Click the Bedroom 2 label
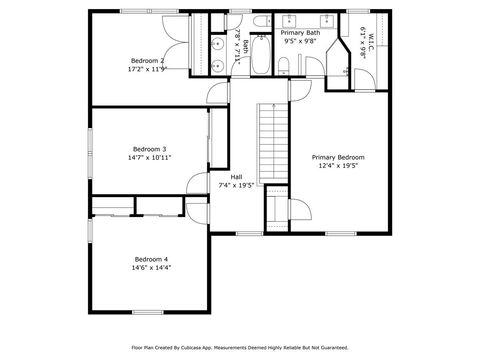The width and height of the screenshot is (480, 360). click(146, 60)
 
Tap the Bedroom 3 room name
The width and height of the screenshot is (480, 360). click(149, 149)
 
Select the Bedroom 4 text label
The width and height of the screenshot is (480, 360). click(151, 259)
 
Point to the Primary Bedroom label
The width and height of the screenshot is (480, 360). click(337, 157)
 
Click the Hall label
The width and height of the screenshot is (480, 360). click(236, 176)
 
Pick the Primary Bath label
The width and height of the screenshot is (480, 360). click(300, 33)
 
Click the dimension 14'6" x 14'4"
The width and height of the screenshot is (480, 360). click(151, 268)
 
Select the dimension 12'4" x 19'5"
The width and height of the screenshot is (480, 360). click(337, 166)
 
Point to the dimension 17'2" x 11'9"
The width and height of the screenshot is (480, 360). click(146, 69)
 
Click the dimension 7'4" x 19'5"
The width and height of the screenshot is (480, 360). click(236, 185)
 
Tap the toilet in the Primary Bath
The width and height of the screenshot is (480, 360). click(284, 66)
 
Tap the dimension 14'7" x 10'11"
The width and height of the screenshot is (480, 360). click(149, 158)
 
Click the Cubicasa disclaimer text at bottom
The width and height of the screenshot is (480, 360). click(240, 348)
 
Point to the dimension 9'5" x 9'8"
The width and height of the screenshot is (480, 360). click(299, 42)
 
